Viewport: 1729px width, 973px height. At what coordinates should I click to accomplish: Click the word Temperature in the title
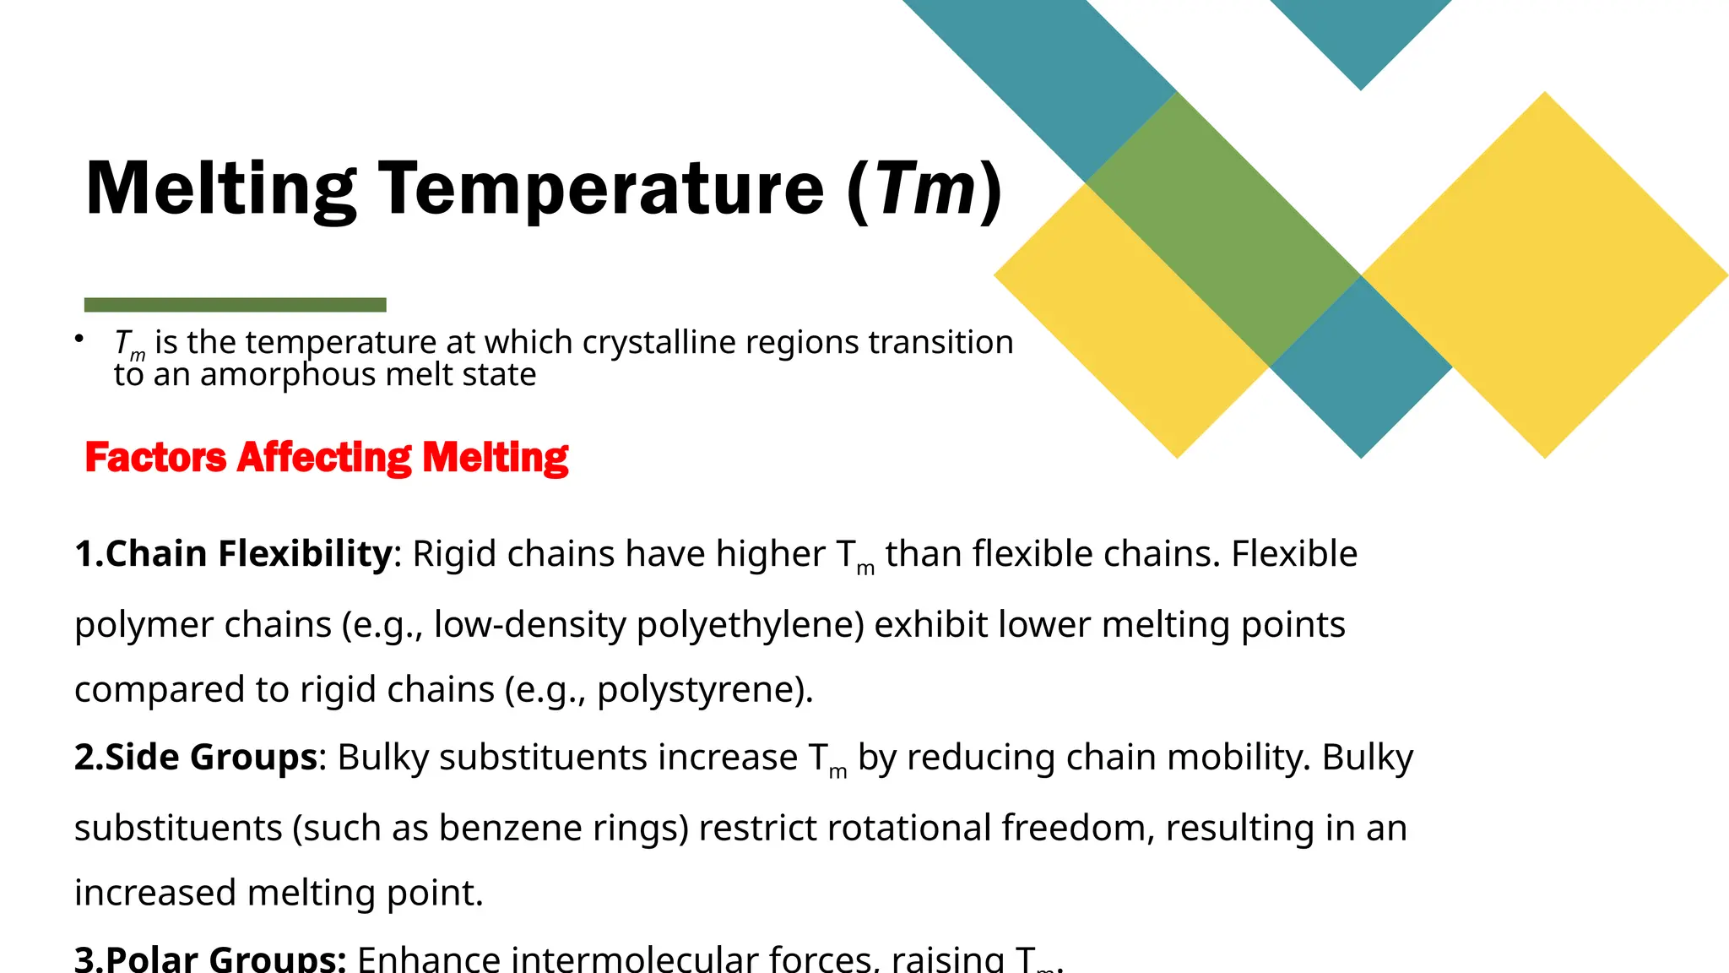[x=601, y=189]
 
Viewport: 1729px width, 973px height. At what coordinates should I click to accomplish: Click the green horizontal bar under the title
[x=235, y=305]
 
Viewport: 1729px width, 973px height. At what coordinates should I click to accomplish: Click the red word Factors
[x=155, y=458]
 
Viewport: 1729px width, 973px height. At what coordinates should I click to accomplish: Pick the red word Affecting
[x=324, y=458]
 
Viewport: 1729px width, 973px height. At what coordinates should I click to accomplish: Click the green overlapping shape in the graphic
[x=1223, y=228]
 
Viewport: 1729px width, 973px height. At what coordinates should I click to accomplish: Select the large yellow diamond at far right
[x=1545, y=275]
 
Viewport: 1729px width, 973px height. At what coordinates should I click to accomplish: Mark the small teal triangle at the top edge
[x=1361, y=34]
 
